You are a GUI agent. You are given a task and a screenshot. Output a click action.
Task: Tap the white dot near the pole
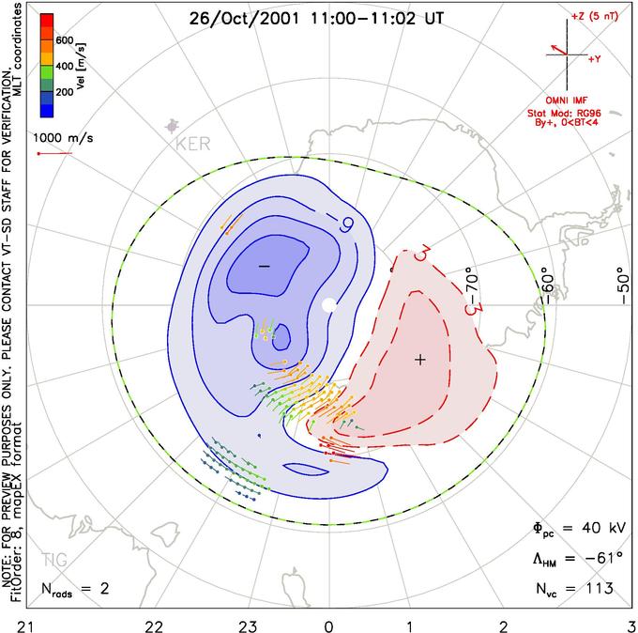328,305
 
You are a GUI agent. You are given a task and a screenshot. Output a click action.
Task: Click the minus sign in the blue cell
264,267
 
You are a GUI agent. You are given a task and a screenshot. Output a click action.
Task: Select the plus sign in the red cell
420,359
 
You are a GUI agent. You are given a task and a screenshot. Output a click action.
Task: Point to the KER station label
194,144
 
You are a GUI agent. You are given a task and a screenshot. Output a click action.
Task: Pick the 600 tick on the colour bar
64,40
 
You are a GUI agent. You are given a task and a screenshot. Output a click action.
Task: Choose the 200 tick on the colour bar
64,93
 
